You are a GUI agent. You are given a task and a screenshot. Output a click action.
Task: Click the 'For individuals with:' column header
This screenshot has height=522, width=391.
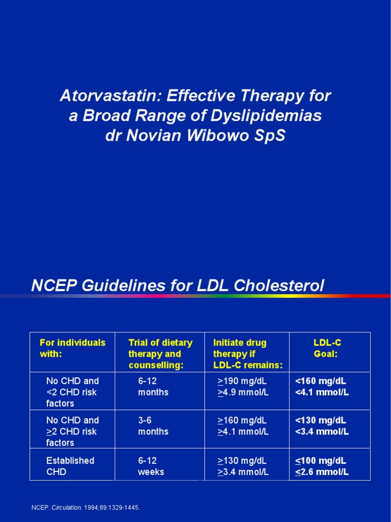[72, 348]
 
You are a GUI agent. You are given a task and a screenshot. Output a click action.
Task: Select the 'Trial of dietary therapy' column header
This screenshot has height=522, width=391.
[160, 354]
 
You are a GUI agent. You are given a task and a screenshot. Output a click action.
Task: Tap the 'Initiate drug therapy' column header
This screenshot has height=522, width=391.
[247, 354]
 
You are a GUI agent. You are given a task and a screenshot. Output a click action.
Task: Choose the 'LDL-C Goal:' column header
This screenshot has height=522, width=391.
[326, 348]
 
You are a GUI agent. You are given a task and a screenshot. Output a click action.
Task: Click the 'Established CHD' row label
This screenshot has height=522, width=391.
[70, 466]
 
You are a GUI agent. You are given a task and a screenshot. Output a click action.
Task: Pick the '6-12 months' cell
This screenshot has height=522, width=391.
[153, 386]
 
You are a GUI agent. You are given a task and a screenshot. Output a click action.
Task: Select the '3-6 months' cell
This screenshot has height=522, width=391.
[153, 426]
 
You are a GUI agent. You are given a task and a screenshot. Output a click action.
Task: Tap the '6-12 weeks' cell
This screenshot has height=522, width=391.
[151, 466]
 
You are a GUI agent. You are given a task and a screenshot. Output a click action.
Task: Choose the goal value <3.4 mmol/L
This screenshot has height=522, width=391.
[322, 432]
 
